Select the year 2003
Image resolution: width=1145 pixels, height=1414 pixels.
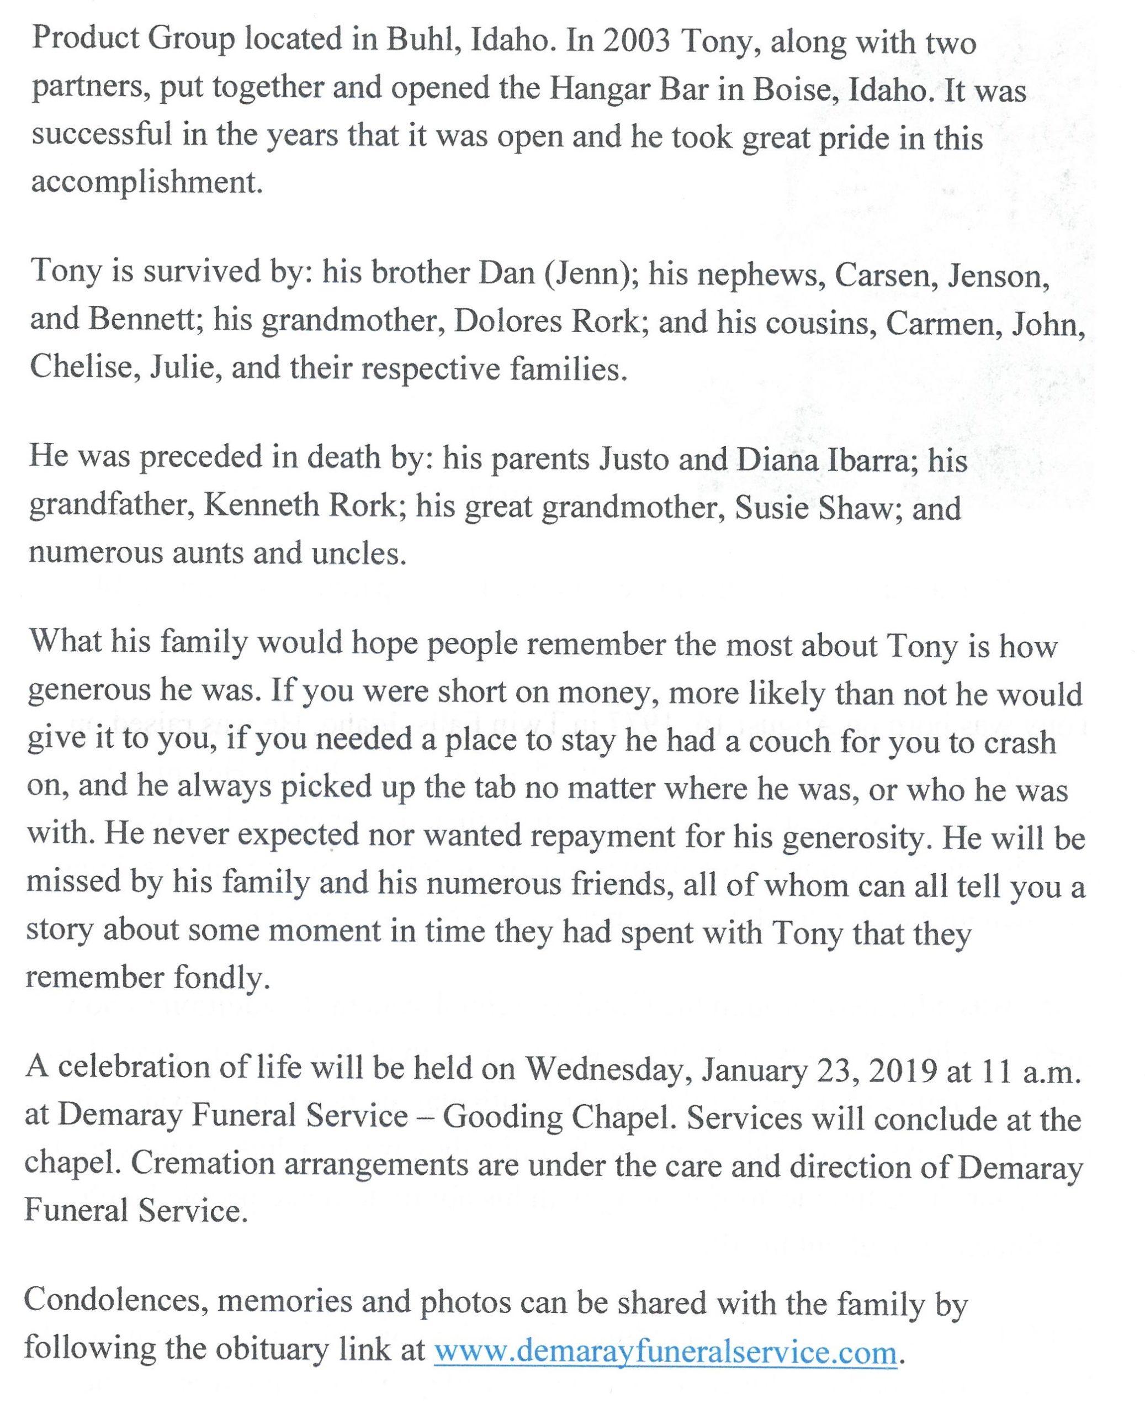636,41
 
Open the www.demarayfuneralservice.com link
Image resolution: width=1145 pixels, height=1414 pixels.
665,1350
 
